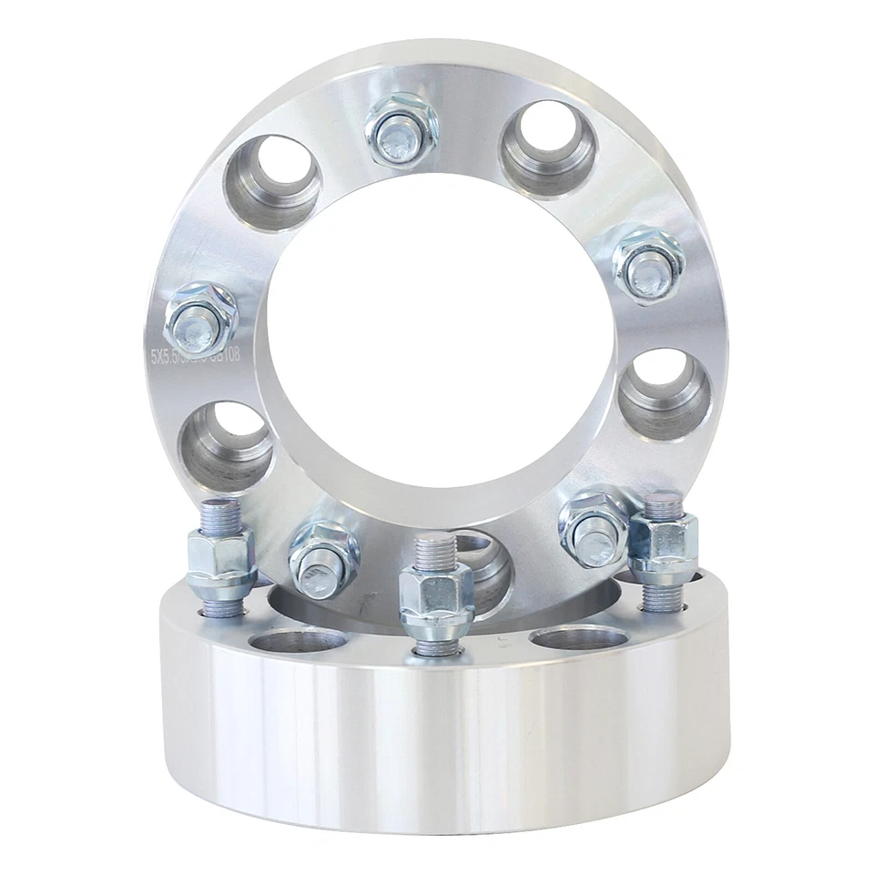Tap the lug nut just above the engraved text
point(200,320)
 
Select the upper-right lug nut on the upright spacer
point(647,259)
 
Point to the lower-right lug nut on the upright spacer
point(593,526)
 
